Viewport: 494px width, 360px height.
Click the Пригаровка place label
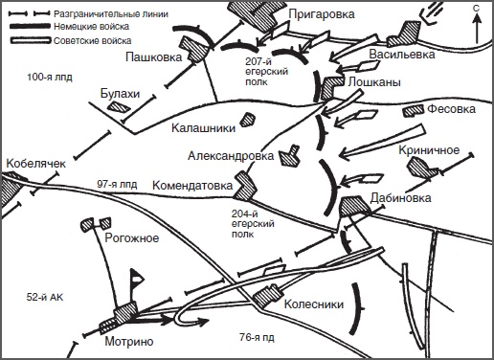pyautogui.click(x=322, y=15)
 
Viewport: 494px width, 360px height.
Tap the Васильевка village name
pyautogui.click(x=402, y=55)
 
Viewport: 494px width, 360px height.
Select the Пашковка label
pyautogui.click(x=153, y=57)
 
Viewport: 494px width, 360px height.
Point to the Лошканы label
pyautogui.click(x=374, y=82)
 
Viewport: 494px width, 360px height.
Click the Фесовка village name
pyautogui.click(x=451, y=109)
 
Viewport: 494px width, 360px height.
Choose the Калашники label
pyautogui.click(x=203, y=128)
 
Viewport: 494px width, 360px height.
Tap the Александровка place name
pyautogui.click(x=231, y=156)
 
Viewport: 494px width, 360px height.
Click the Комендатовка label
pyautogui.click(x=192, y=186)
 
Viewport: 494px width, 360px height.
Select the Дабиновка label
pyautogui.click(x=400, y=198)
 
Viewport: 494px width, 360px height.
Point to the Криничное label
pyautogui.click(x=429, y=150)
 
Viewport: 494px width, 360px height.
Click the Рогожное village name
pyautogui.click(x=132, y=238)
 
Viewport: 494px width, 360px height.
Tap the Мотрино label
pyautogui.click(x=129, y=342)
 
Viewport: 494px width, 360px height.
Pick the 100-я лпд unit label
pyautogui.click(x=50, y=78)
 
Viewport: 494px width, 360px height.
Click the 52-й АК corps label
pyautogui.click(x=45, y=298)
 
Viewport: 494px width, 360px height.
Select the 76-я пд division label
pyautogui.click(x=257, y=337)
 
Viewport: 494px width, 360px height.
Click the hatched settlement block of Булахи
pyautogui.click(x=119, y=106)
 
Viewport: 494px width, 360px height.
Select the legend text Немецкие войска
pyautogui.click(x=91, y=27)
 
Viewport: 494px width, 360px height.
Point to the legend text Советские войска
pyautogui.click(x=93, y=41)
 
